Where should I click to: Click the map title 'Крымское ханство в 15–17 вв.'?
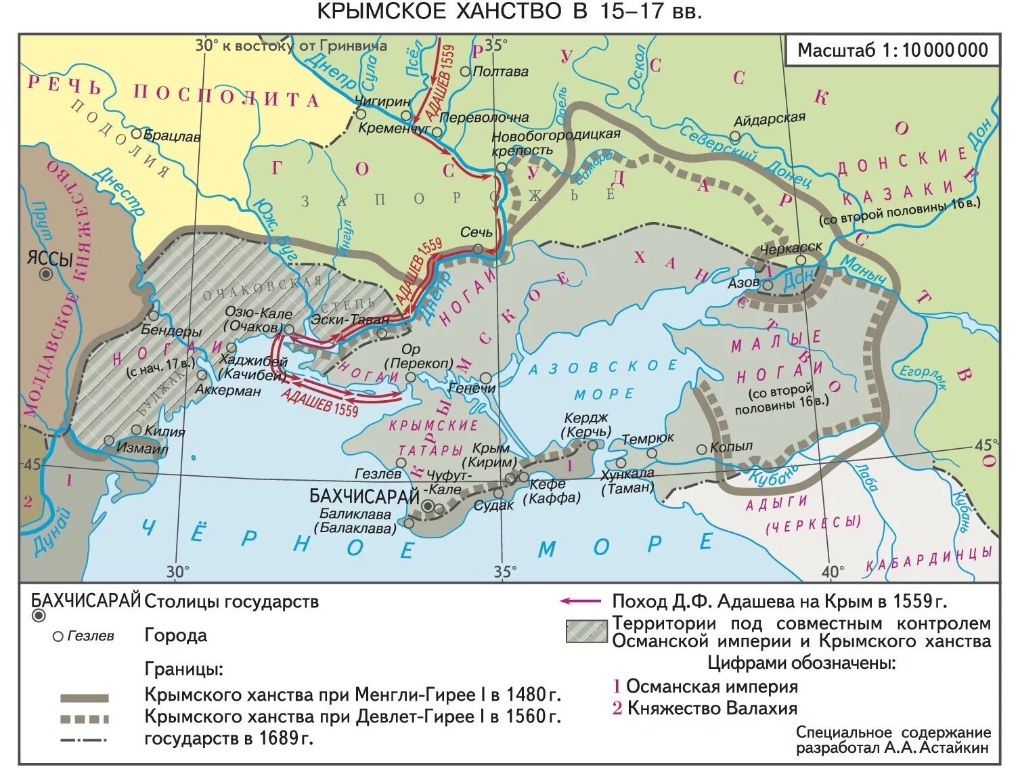coord(509,12)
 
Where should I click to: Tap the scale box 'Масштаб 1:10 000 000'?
coord(892,50)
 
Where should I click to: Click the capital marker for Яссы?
coord(46,274)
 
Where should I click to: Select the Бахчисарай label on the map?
coord(364,496)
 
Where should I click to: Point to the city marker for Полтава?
coord(465,71)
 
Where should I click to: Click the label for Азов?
coord(743,283)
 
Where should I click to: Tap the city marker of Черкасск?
coord(800,261)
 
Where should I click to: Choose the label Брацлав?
coord(171,136)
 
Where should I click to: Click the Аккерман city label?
coord(227,391)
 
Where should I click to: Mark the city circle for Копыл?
coord(702,449)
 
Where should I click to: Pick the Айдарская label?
coord(770,120)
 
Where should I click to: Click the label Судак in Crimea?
coord(493,506)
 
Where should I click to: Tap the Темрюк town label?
coord(648,438)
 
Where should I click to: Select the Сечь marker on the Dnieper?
coord(478,249)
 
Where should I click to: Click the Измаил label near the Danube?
coord(142,448)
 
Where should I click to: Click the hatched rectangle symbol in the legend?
coord(586,631)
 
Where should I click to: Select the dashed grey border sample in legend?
coord(84,718)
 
